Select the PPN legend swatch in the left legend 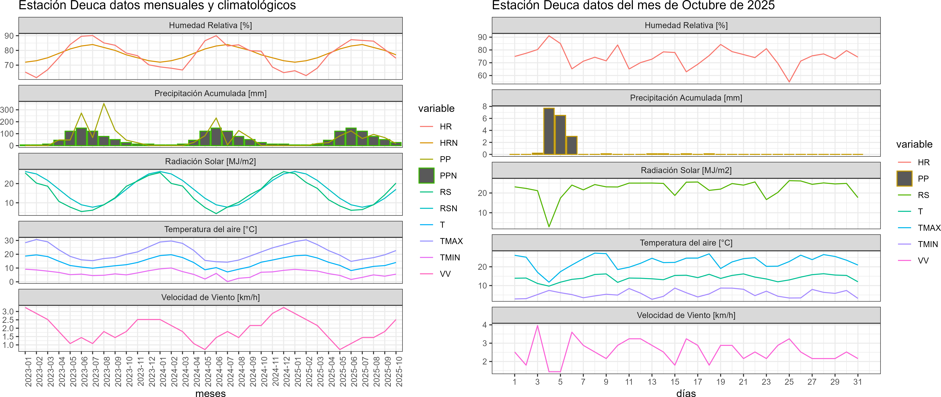[426, 175]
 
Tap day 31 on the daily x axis [857, 382]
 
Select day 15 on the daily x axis [675, 382]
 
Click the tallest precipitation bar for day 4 [549, 131]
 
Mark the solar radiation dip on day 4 [549, 227]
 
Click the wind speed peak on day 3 [537, 326]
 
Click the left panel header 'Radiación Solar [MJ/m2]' [210, 161]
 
